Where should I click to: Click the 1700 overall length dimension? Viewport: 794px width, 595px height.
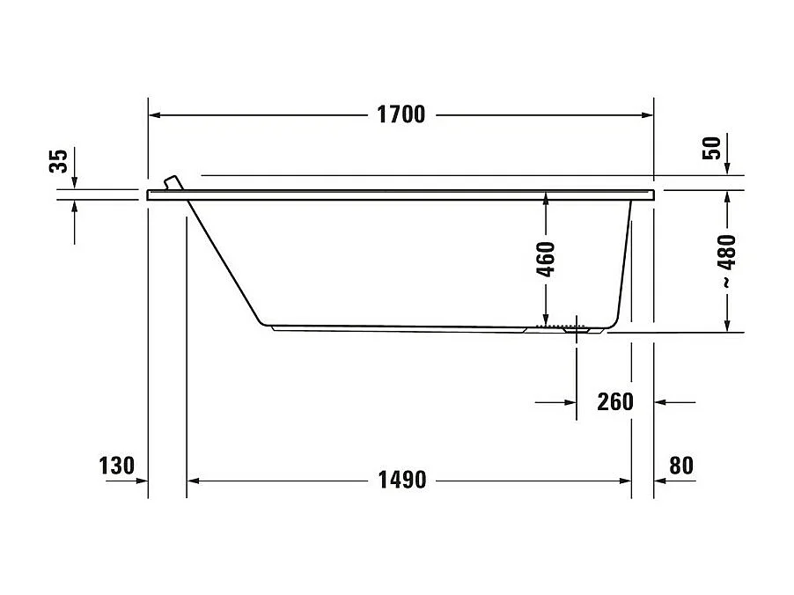click(x=401, y=114)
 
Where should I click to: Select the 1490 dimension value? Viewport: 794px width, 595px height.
click(x=401, y=480)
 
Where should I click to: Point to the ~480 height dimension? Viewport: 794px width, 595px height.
click(x=727, y=261)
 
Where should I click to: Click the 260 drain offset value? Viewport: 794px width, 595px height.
click(x=614, y=402)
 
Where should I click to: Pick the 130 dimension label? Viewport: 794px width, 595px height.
click(x=117, y=466)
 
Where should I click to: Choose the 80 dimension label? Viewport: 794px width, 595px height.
click(x=681, y=466)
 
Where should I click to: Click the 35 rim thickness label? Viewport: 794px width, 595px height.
click(x=58, y=162)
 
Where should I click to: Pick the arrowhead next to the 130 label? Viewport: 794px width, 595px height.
click(x=142, y=481)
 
